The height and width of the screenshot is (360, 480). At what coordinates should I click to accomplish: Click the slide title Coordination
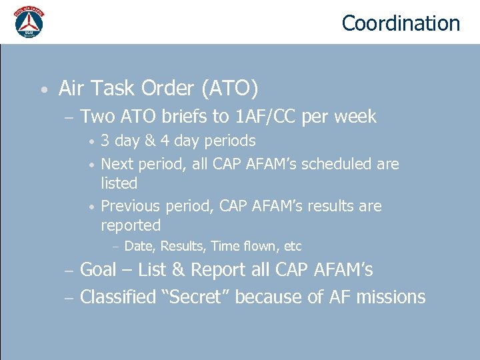pos(401,23)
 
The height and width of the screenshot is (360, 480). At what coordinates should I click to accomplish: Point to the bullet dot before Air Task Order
pos(43,89)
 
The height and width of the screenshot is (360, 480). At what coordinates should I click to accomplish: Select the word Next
pos(116,164)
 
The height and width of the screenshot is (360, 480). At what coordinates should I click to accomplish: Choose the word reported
pos(131,225)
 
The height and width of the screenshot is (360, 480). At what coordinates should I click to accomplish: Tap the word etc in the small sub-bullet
pos(293,246)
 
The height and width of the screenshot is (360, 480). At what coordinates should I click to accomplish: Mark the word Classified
pos(117,297)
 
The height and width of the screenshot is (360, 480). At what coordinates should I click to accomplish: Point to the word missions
pos(391,297)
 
